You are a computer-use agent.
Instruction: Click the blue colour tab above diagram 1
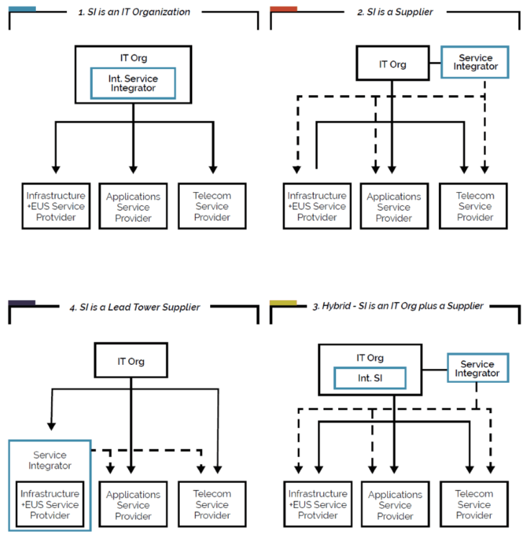point(23,9)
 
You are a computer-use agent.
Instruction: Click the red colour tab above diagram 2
point(283,9)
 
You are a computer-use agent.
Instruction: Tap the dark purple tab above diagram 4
point(22,303)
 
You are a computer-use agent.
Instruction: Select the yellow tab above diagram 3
point(283,303)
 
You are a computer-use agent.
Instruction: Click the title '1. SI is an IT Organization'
point(133,12)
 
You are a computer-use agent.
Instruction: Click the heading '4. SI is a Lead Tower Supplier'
point(135,307)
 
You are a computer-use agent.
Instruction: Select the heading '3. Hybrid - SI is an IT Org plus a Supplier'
point(395,306)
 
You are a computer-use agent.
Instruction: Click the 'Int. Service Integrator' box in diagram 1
point(133,84)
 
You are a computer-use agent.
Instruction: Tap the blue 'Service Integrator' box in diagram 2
point(475,62)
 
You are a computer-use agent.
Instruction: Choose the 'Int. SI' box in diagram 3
point(369,378)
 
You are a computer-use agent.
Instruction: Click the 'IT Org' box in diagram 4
point(131,361)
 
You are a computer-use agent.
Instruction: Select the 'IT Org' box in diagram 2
point(392,64)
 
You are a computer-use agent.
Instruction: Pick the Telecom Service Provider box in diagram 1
point(212,206)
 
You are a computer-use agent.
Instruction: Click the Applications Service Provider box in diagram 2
point(393,207)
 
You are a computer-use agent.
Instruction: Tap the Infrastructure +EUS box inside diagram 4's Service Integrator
point(49,504)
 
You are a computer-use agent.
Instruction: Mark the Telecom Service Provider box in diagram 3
point(474,504)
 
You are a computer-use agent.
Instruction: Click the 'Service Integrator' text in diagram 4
point(49,460)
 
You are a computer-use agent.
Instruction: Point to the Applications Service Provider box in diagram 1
point(133,207)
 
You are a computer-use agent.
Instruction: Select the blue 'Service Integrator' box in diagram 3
point(477,368)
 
